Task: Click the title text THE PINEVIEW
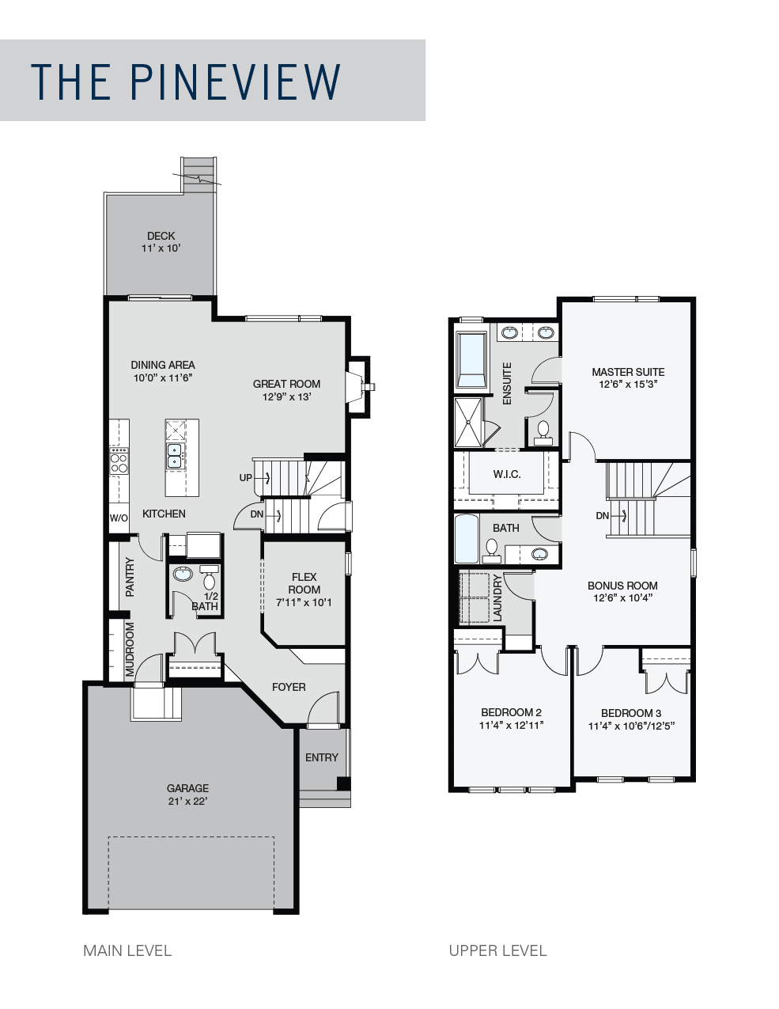[186, 81]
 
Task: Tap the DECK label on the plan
[161, 236]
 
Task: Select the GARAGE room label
[187, 788]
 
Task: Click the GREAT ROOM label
[286, 384]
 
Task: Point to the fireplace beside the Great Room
[360, 386]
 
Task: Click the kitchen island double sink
[174, 455]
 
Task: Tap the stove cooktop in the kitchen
[119, 461]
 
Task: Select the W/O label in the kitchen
[119, 518]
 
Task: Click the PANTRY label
[130, 577]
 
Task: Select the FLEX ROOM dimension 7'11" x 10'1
[304, 602]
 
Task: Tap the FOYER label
[289, 687]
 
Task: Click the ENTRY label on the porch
[321, 757]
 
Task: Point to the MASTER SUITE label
[628, 372]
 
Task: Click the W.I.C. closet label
[506, 475]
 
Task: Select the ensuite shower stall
[469, 422]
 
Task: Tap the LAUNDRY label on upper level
[497, 598]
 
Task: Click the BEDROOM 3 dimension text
[630, 726]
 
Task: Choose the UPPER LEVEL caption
[497, 950]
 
